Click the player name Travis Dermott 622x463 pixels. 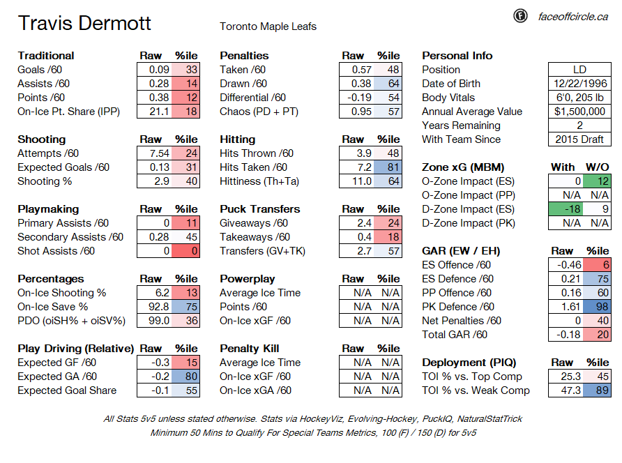[84, 23]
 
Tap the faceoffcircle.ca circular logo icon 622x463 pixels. [520, 16]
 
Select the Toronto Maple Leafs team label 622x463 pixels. [268, 26]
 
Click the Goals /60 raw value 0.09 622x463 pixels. [159, 70]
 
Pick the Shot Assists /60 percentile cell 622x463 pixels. [185, 251]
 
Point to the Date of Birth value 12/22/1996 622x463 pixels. [580, 84]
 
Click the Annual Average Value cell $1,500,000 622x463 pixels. [580, 112]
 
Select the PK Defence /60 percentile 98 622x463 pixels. [598, 307]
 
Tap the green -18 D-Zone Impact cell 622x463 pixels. [566, 209]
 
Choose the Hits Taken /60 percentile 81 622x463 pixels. [388, 167]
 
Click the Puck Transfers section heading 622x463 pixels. [260, 209]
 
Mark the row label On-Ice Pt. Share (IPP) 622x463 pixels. [68, 112]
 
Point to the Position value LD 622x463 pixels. [579, 70]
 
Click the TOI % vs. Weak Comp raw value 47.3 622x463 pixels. [571, 390]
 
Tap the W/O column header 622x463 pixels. [598, 167]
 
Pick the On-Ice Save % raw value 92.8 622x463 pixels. [159, 307]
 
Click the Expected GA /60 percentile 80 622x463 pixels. [185, 377]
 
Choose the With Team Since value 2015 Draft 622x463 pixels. [579, 139]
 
